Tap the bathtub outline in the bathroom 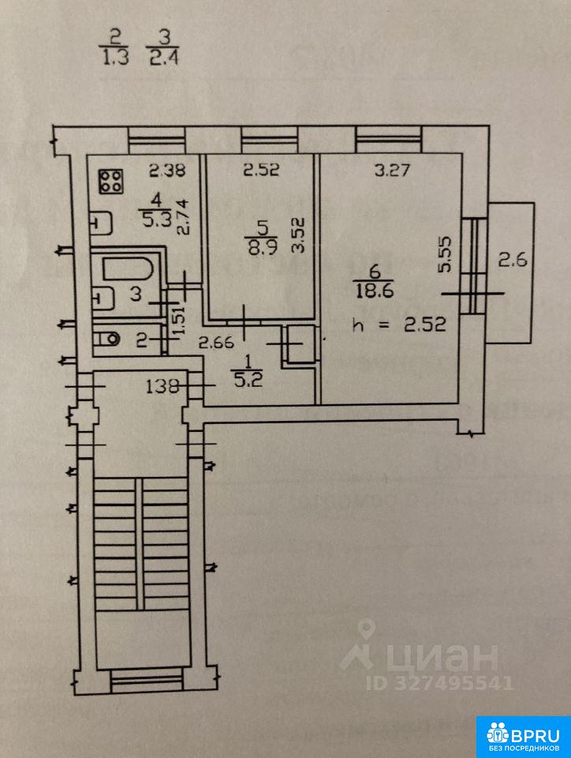tap(131, 268)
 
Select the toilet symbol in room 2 tap(108, 340)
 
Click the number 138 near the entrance tap(160, 386)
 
